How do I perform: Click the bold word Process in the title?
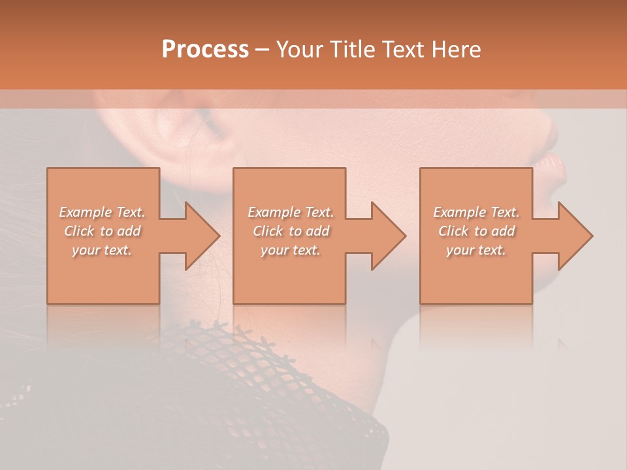[x=205, y=50]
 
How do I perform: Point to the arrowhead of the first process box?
[x=199, y=236]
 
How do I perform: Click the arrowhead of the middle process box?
[x=386, y=236]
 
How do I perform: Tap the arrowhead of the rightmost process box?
[x=573, y=236]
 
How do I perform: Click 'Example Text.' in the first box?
[x=103, y=212]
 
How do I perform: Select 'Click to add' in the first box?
[x=103, y=231]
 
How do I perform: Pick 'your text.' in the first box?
[x=103, y=250]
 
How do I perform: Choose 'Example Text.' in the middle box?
[x=291, y=212]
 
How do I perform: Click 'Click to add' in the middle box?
[x=291, y=231]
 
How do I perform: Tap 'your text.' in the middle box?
[x=291, y=250]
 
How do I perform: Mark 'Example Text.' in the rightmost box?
[x=476, y=212]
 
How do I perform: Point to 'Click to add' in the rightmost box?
[x=476, y=231]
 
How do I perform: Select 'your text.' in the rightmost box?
[x=476, y=250]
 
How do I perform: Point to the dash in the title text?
[x=262, y=50]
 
